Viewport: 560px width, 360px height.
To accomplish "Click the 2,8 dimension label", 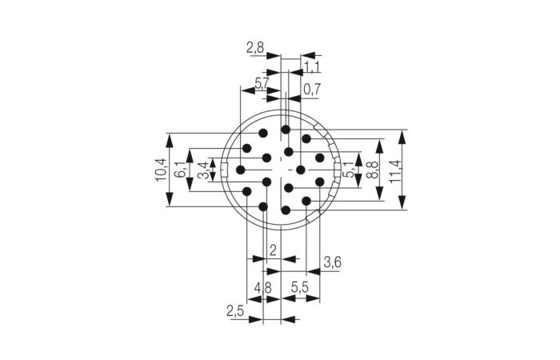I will pos(255,49).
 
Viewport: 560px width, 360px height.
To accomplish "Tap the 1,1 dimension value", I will pos(312,67).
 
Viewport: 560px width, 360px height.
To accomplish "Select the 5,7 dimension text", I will pos(262,83).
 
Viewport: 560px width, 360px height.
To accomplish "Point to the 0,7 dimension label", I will pos(310,90).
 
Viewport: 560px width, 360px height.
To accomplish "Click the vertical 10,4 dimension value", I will pos(160,170).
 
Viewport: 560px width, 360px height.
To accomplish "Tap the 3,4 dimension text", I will pos(203,170).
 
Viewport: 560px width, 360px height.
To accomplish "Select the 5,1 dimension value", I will pos(347,170).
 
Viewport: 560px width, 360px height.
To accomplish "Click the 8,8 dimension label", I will pos(371,170).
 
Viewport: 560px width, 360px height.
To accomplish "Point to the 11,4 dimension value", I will pos(394,170).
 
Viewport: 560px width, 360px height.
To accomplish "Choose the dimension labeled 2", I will pos(273,251).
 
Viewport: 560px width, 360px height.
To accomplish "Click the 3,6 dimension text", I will pos(332,262).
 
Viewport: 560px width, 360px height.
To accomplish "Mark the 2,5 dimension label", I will pos(235,310).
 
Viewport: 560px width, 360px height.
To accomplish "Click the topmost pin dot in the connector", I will pos(285,129).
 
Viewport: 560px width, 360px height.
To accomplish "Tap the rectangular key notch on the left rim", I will pos(225,169).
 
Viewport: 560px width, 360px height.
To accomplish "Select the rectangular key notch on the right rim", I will pos(337,169).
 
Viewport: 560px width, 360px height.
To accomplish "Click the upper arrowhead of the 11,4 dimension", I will pos(402,137).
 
